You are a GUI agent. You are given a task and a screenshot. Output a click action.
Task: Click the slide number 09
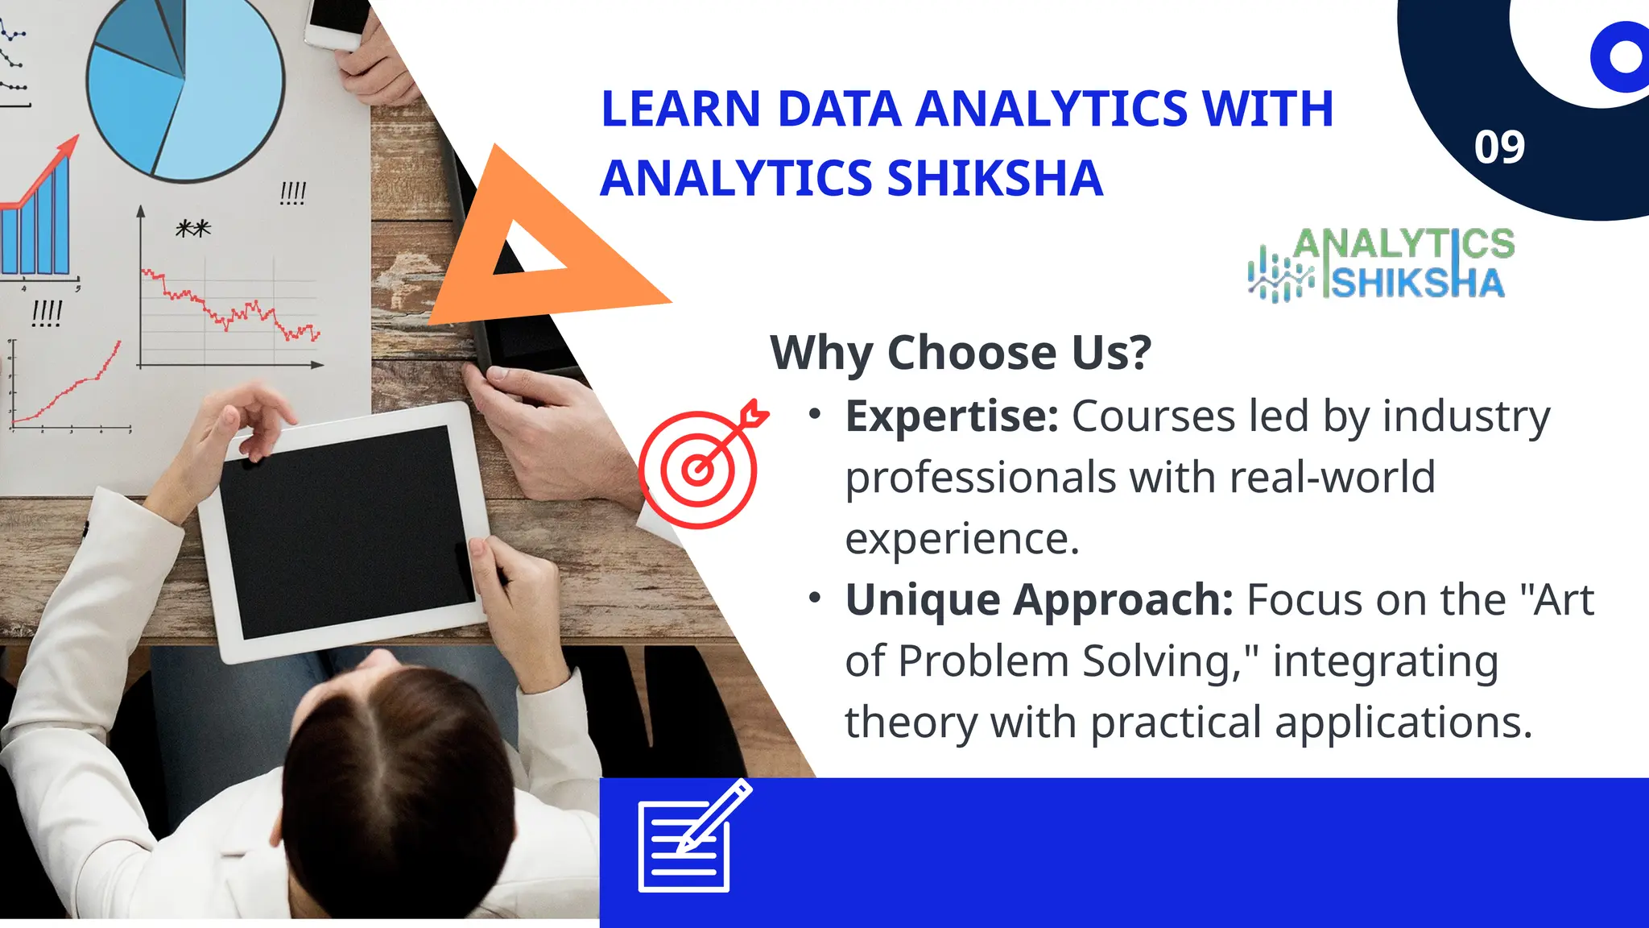1499,147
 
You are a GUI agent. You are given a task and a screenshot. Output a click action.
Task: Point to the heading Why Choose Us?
961,353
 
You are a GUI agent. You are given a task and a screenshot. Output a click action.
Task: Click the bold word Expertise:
951,416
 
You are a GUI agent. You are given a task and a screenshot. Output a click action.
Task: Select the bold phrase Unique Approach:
1039,600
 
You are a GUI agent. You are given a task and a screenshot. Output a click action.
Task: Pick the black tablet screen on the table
346,532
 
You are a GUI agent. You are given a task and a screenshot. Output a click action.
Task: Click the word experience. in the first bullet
961,539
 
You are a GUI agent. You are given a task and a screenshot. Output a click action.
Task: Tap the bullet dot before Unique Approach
815,599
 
